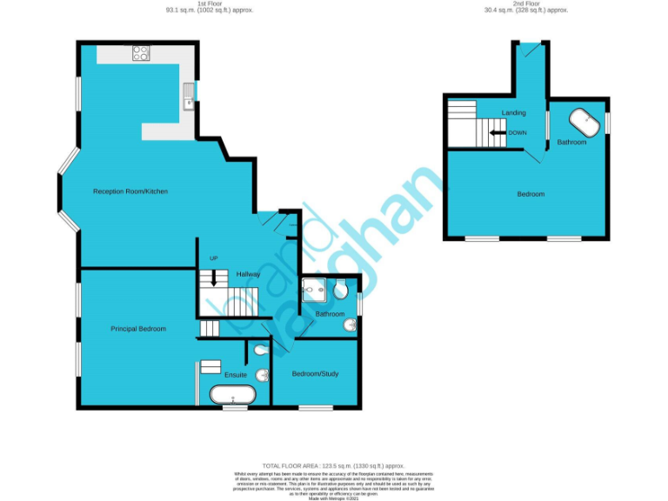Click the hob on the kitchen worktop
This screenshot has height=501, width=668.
[141, 52]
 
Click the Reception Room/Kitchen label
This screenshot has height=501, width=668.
[130, 191]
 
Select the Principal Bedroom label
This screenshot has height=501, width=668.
[138, 329]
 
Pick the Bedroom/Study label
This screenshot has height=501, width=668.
[315, 374]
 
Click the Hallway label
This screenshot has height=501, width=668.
[248, 275]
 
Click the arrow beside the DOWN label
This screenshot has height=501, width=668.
[496, 133]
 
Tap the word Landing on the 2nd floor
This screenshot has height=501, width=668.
[513, 113]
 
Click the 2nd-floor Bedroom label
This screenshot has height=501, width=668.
[531, 194]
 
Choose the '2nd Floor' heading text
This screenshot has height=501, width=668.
[525, 4]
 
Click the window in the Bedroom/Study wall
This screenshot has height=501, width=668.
[316, 407]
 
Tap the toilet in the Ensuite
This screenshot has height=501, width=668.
[261, 351]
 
